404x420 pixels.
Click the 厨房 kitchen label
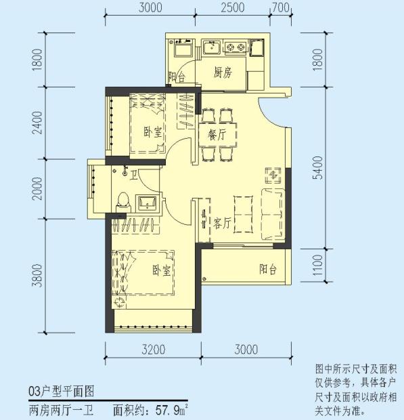point(223,73)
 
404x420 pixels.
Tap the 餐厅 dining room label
point(217,134)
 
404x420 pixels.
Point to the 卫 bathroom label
point(134,175)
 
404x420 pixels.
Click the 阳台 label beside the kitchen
point(177,77)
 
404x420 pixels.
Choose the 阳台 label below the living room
point(268,269)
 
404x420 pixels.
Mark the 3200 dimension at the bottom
point(153,350)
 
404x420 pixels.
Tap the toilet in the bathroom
point(122,201)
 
